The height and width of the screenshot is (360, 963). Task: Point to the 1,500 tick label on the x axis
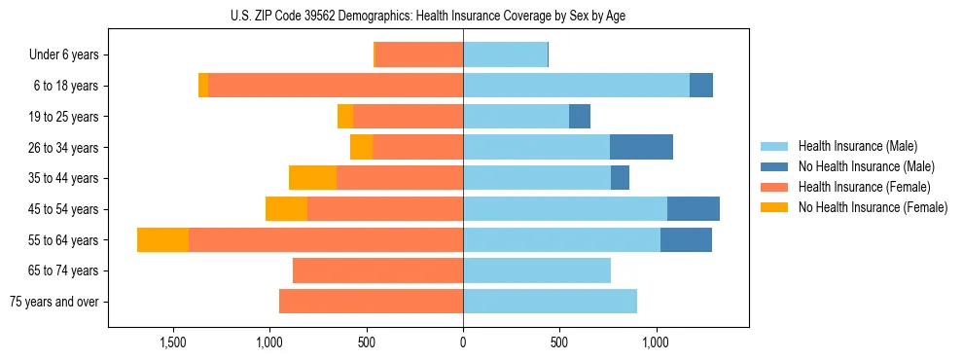coord(173,342)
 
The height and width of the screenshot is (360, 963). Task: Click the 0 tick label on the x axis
coord(463,342)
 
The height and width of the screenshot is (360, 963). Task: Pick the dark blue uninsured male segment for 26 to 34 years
coord(641,147)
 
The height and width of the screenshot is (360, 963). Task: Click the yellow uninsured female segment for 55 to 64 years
coord(162,239)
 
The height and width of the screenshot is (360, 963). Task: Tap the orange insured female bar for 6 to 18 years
coord(336,86)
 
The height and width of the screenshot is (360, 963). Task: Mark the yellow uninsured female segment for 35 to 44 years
coord(312,178)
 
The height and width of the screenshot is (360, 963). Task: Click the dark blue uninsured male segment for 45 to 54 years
coord(693,209)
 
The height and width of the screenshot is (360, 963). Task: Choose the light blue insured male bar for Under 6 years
coord(505,55)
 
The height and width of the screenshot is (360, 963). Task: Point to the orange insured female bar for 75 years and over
coord(371,302)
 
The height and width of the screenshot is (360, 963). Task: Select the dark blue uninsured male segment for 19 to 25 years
coord(580,117)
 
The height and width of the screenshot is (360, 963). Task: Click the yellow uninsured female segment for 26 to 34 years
coord(361,147)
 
